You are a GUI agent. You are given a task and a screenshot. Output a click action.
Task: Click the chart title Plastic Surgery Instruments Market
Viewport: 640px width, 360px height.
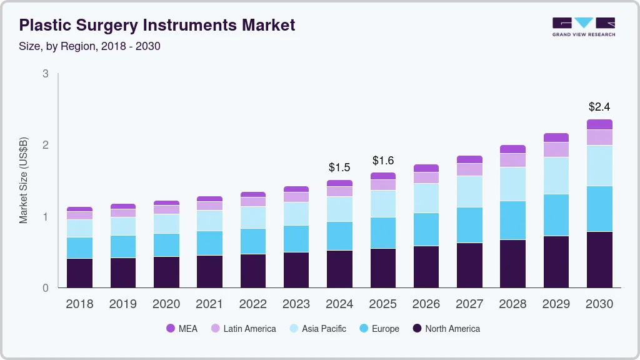tap(157, 25)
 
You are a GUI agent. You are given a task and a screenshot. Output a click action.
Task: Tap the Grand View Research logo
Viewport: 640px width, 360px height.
tap(583, 26)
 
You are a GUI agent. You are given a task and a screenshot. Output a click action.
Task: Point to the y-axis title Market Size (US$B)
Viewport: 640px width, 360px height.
tap(24, 180)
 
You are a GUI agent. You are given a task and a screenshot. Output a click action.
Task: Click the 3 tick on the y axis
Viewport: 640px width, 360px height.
tap(46, 74)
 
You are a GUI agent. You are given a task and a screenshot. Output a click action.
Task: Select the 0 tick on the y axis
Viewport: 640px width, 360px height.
tap(46, 288)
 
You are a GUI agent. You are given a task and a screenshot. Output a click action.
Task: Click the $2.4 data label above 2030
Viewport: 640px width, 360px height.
tap(599, 107)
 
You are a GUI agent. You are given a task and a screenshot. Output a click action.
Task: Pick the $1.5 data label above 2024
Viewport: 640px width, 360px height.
tap(339, 167)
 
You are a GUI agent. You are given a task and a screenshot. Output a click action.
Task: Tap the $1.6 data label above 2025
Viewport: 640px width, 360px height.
tap(382, 160)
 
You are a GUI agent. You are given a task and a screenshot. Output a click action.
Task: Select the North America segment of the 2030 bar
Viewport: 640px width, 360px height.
tap(599, 259)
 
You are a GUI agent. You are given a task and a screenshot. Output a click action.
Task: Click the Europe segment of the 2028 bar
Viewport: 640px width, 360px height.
tap(512, 220)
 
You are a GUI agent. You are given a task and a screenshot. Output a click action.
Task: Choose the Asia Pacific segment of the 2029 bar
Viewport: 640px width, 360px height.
tap(556, 176)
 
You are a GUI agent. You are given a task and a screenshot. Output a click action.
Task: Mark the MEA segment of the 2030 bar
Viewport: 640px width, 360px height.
tap(599, 124)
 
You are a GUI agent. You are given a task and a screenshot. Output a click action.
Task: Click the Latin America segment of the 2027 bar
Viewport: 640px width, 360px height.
tap(469, 169)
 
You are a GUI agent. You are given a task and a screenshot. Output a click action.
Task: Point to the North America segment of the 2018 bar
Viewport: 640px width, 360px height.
tap(79, 273)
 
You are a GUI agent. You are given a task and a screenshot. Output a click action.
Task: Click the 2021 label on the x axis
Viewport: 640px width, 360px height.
tap(209, 304)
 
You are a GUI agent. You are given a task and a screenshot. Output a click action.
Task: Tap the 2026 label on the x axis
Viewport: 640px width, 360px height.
tap(426, 304)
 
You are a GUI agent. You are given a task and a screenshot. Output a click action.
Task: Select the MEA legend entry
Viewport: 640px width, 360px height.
tap(182, 329)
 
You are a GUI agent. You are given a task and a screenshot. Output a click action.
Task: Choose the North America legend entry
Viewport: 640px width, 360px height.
tap(446, 329)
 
